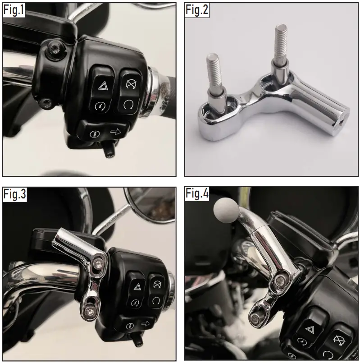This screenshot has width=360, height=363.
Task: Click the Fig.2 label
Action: [197, 11]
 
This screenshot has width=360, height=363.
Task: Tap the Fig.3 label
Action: [15, 195]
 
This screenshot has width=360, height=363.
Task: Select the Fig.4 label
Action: [197, 195]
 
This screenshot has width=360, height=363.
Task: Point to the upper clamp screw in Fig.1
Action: [55, 48]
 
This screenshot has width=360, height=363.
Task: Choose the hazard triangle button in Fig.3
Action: [135, 287]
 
